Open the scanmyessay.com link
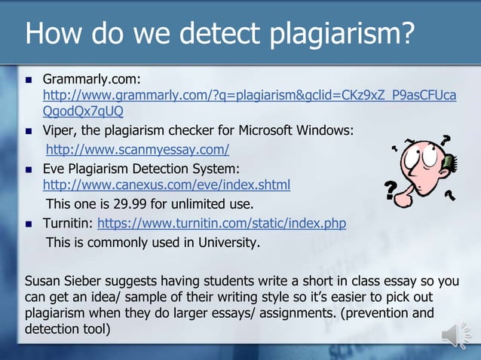click(x=137, y=149)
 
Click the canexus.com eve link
click(x=167, y=185)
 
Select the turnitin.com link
click(x=222, y=224)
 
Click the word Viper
click(x=59, y=130)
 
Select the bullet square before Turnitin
click(x=28, y=224)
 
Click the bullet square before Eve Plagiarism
click(x=28, y=168)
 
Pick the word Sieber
click(x=88, y=282)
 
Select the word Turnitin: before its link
click(x=68, y=224)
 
